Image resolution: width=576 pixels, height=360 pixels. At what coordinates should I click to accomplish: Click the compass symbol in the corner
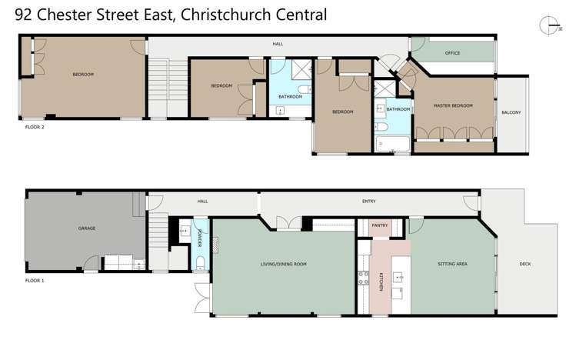(x=548, y=24)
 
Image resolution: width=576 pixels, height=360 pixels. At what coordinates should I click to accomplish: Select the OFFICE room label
(x=452, y=53)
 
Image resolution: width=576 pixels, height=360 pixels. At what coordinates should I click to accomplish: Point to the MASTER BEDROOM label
(x=453, y=105)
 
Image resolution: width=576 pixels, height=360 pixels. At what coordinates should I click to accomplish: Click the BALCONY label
(x=511, y=112)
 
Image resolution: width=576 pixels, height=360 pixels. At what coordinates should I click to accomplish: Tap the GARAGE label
(x=86, y=228)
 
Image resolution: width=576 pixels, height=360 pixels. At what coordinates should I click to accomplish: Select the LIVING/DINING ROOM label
(x=283, y=264)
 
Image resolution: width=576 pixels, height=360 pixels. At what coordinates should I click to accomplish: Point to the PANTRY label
(x=380, y=225)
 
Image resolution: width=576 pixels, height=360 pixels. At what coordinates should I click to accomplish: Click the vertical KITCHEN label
(x=381, y=282)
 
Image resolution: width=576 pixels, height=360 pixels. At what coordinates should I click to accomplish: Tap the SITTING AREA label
(x=452, y=264)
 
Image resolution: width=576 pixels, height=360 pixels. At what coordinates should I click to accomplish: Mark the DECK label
(x=525, y=264)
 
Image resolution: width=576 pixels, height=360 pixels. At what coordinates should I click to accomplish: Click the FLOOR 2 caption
(x=34, y=127)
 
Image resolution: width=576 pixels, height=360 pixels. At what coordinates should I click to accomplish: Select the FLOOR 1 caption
(x=34, y=281)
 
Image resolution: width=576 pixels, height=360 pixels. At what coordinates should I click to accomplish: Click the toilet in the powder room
(x=199, y=265)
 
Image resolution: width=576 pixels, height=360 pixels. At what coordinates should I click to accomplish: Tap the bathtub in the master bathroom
(x=391, y=142)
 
